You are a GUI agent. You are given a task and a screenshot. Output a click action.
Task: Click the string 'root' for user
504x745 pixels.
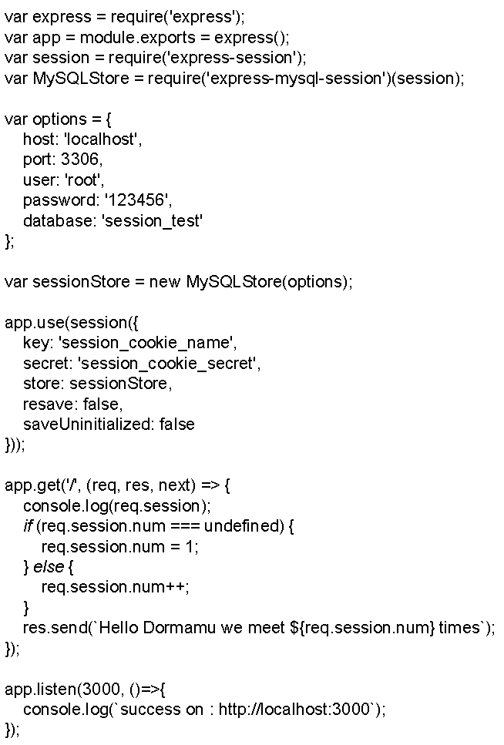[83, 180]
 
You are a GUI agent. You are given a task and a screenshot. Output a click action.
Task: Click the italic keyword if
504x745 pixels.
[28, 526]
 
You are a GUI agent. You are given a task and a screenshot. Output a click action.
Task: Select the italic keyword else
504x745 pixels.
[49, 567]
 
